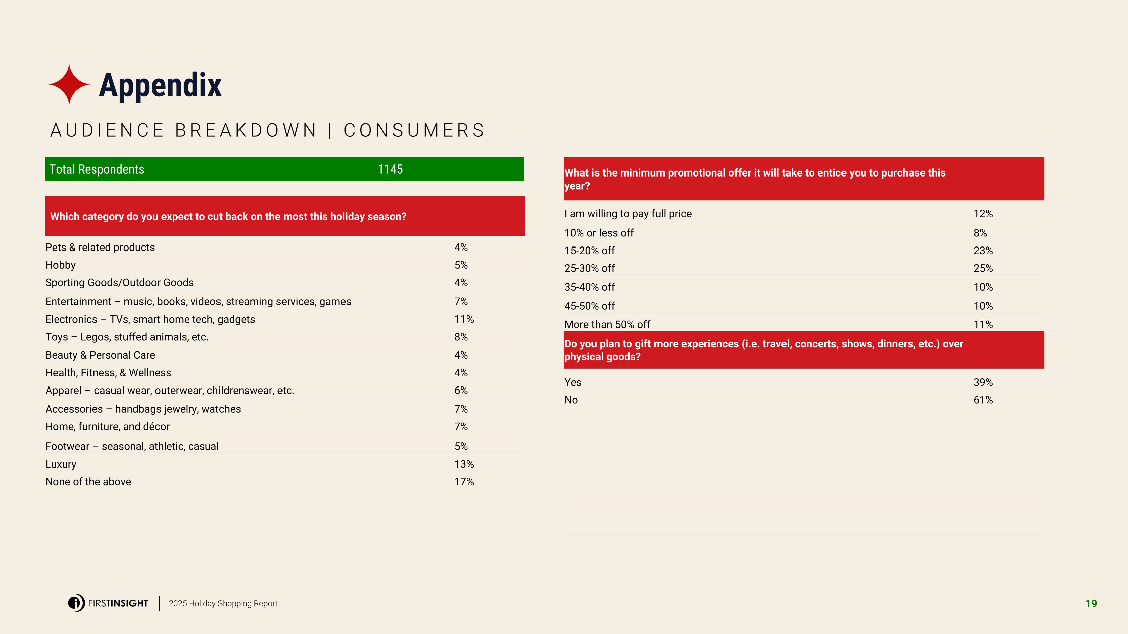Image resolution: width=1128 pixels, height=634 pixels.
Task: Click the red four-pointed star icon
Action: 69,84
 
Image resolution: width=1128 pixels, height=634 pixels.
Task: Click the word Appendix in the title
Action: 160,85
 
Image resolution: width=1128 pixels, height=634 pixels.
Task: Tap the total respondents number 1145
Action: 390,169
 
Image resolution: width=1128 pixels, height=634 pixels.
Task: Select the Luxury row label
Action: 61,464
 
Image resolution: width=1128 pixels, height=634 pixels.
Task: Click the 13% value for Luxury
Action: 464,464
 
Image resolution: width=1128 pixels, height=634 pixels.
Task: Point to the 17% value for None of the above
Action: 464,481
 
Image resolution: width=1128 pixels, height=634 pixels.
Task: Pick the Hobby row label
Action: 60,265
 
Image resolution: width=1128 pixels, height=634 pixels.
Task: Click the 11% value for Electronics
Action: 464,319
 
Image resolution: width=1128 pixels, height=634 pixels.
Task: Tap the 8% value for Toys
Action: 461,337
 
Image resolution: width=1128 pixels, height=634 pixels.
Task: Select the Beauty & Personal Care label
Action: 100,355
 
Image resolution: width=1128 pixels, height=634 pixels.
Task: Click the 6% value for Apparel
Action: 461,390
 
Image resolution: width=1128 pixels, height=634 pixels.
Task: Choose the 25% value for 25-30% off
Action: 983,268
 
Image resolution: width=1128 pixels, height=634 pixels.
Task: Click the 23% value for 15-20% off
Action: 983,250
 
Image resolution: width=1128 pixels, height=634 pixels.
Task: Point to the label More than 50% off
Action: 607,324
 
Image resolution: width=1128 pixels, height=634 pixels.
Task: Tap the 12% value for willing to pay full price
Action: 983,214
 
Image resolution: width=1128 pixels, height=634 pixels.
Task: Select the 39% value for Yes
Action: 983,382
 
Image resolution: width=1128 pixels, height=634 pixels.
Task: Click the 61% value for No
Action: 983,400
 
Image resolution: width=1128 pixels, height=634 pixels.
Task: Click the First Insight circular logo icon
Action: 76,603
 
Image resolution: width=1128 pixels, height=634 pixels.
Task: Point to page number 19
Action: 1091,604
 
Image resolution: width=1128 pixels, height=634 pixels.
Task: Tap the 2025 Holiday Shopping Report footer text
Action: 223,604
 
